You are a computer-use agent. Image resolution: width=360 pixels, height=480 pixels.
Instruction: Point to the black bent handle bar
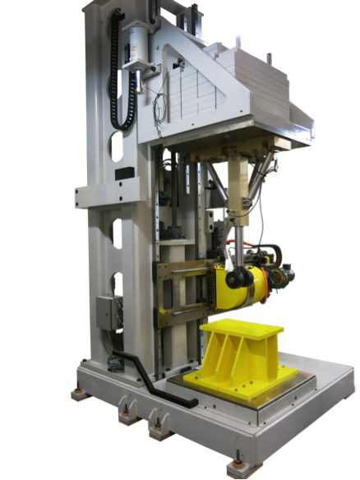(152, 378)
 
